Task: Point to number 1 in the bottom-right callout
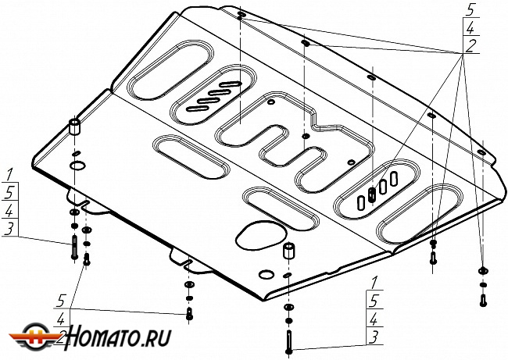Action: coord(376,281)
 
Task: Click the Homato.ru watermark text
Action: coord(117,337)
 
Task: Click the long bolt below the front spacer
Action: coord(289,341)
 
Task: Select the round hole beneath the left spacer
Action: coord(78,165)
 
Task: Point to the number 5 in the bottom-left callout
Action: coord(59,298)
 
